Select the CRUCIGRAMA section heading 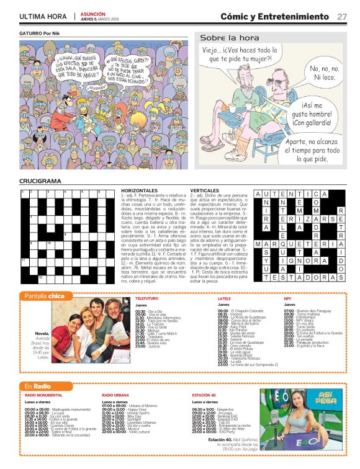point(40,181)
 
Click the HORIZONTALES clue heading point(140,190)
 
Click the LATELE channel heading point(224,298)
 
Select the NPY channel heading point(287,298)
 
